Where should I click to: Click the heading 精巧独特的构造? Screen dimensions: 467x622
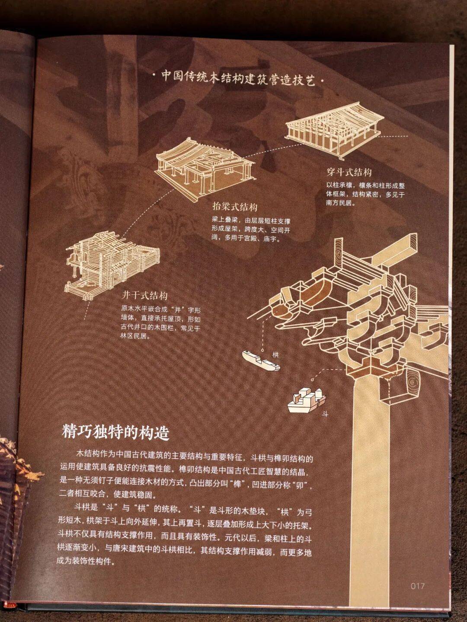[115, 433]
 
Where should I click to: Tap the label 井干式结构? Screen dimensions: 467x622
[144, 296]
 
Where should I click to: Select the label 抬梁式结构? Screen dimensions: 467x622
[235, 207]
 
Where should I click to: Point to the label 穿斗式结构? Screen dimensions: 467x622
[349, 172]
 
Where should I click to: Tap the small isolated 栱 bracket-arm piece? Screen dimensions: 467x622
[261, 361]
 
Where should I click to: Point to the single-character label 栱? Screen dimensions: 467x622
[275, 355]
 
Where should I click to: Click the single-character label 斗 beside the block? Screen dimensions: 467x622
[325, 414]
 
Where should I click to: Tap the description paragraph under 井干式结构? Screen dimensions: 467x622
[161, 323]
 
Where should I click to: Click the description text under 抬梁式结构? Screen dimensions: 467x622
[251, 230]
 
